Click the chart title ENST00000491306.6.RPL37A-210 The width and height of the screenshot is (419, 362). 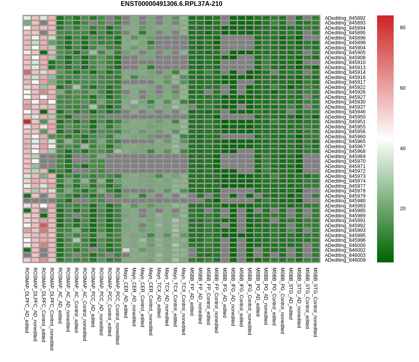pos(171,4)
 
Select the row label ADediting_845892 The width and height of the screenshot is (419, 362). pos(345,18)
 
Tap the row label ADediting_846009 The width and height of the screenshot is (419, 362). pos(345,260)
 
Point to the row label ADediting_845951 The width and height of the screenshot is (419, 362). pos(345,122)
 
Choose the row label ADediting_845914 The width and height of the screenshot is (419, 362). pos(345,72)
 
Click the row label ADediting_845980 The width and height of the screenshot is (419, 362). pos(345,201)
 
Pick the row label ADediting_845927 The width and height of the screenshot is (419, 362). pos(345,97)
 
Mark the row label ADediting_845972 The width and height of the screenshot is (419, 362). pos(345,171)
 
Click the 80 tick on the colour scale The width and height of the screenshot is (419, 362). pos(402,28)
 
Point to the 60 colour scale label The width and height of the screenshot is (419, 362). pos(402,88)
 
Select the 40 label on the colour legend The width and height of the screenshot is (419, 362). pos(402,149)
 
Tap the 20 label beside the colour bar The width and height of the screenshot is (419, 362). pos(402,209)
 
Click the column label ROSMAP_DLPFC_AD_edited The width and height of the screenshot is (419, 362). pos(27,300)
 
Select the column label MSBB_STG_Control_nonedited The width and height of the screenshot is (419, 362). pos(316,302)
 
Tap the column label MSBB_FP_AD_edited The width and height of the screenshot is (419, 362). pos(192,291)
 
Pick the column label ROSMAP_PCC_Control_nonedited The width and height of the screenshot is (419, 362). pos(118,306)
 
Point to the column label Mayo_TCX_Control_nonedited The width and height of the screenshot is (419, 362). pos(184,301)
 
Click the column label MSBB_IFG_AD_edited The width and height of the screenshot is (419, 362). pos(225,292)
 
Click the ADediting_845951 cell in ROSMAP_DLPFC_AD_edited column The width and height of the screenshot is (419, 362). pos(27,122)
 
